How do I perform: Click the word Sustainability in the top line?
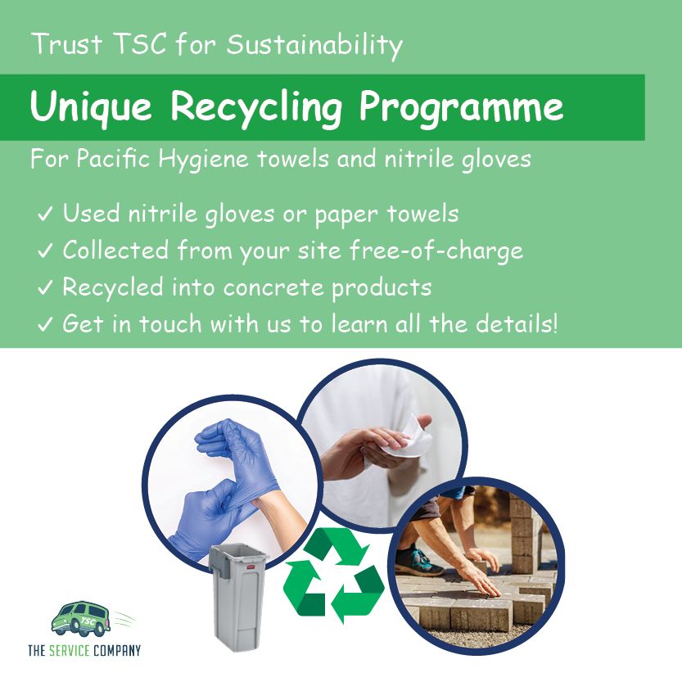pos(314,46)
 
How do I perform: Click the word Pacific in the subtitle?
pos(113,158)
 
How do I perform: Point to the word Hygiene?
pos(203,160)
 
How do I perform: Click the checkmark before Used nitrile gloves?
pos(45,214)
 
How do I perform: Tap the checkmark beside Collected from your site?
pos(45,251)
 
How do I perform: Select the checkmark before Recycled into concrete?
pos(45,287)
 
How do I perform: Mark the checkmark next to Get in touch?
pos(45,324)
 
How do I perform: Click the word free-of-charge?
pos(436,251)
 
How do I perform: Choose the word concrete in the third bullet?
pos(273,288)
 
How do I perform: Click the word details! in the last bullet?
pos(517,323)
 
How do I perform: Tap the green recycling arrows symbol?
pos(333,575)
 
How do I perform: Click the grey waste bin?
pos(238,598)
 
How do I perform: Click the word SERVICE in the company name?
pos(70,650)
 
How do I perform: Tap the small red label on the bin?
pos(251,567)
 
